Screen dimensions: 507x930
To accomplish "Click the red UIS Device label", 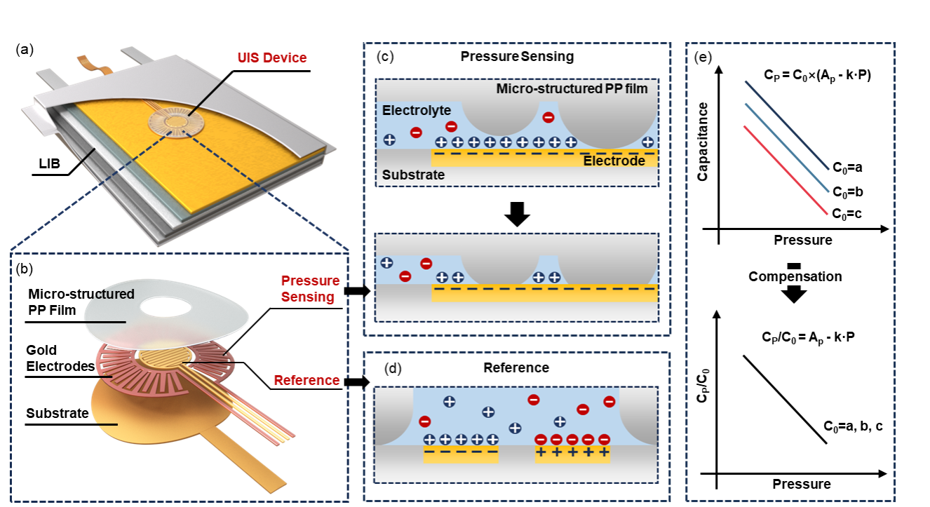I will (271, 58).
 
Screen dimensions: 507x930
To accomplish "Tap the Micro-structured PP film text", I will (572, 89).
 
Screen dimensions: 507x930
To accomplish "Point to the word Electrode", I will (614, 161).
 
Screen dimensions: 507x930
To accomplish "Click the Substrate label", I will (414, 175).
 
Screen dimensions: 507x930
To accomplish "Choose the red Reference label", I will (306, 381).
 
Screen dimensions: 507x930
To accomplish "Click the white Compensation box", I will (794, 277).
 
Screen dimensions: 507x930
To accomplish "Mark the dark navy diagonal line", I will (787, 125).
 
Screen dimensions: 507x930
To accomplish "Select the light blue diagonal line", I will (787, 147).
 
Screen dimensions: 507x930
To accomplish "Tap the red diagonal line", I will (786, 170).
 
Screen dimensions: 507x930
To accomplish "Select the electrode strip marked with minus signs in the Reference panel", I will (461, 454).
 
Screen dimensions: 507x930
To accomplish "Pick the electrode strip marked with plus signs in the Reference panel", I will (572, 454).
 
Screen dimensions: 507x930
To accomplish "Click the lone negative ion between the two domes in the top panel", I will (548, 117).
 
